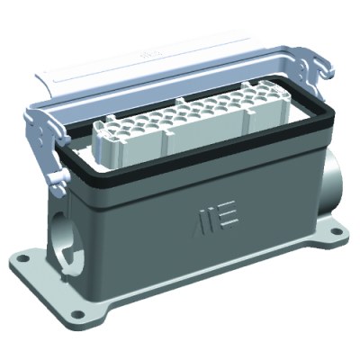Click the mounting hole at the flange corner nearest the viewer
pyautogui.click(x=76, y=315)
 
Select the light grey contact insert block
pyautogui.click(x=171, y=127)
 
